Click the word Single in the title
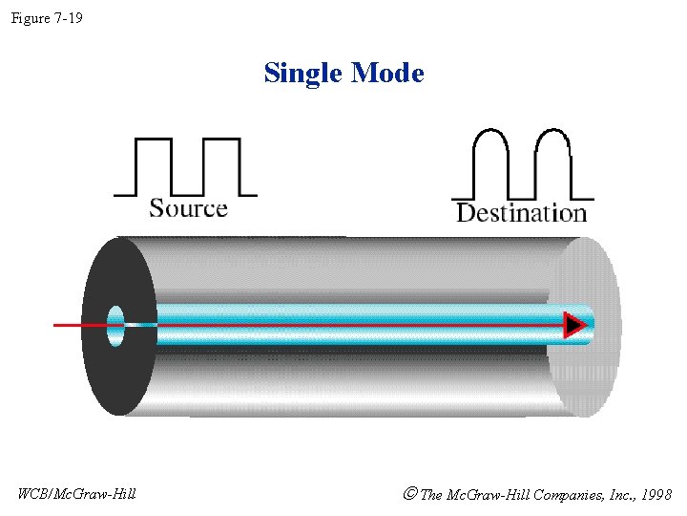click(303, 73)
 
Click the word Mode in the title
click(386, 73)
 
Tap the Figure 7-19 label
click(47, 17)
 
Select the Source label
click(188, 208)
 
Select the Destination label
click(521, 212)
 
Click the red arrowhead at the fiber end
click(573, 326)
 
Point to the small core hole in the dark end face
click(116, 326)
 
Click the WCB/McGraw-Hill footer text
click(77, 494)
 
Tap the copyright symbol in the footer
click(410, 494)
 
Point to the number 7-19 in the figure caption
click(68, 17)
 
